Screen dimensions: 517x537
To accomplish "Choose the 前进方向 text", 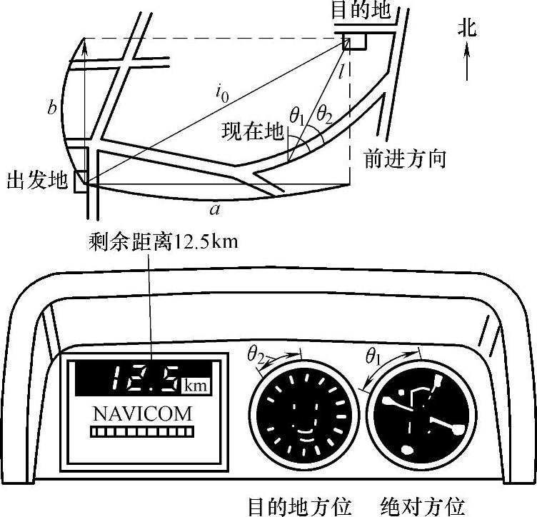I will pyautogui.click(x=405, y=158).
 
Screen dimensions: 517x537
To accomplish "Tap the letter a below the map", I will pyautogui.click(x=213, y=209).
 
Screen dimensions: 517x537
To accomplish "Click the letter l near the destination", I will pyautogui.click(x=343, y=70).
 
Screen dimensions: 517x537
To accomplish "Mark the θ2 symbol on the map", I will pyautogui.click(x=323, y=112).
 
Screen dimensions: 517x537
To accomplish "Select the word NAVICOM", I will pyautogui.click(x=143, y=413).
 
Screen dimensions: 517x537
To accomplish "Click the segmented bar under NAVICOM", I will pyautogui.click(x=143, y=432).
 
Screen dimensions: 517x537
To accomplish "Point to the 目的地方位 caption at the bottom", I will pyautogui.click(x=299, y=506).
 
